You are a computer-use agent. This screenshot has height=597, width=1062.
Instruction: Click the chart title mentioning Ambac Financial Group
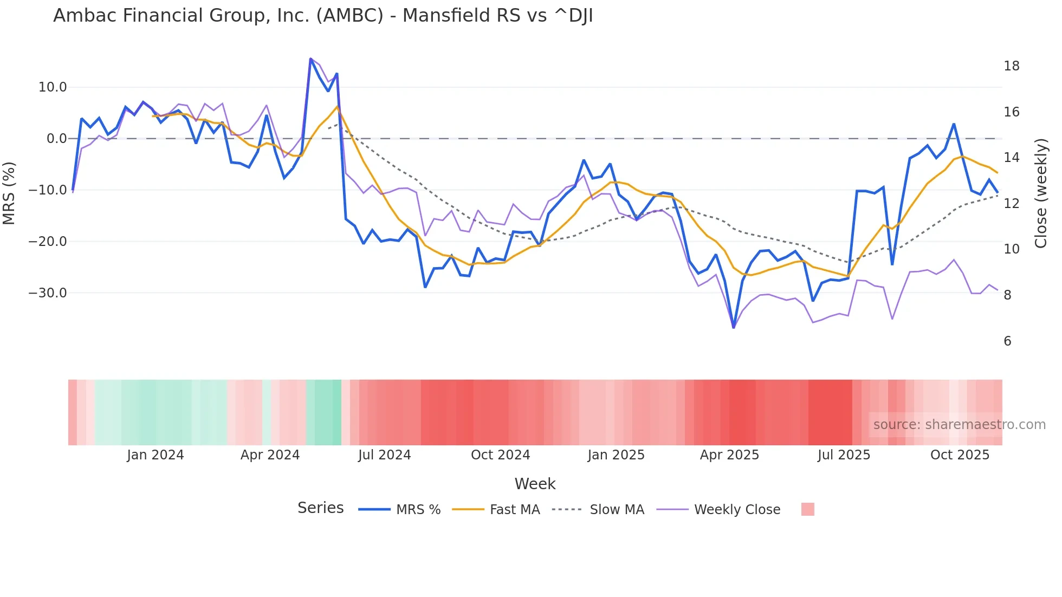coord(323,16)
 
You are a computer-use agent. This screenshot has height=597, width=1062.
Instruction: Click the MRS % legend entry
coord(418,510)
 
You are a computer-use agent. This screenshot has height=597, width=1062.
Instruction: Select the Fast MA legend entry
coord(514,510)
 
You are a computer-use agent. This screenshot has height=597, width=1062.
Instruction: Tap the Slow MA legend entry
coord(617,510)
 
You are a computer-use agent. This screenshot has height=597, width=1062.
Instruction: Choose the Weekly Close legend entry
coord(737,510)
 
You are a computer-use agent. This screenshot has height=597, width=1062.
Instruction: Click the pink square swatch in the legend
coord(807,509)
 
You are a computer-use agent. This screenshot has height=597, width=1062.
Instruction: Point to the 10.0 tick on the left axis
coord(53,87)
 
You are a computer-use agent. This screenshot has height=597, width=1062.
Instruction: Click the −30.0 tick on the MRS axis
coord(48,293)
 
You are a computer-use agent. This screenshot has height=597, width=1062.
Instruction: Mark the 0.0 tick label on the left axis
coord(56,139)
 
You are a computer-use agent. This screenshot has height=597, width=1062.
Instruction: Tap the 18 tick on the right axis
coord(1011,66)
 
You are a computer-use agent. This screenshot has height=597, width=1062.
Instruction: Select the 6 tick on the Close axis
coord(1007,341)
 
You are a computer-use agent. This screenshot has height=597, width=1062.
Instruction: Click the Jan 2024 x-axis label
coord(156,455)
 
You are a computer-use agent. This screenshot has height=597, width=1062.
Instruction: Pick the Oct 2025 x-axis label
coord(960,455)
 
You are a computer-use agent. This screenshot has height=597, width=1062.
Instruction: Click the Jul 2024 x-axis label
coord(384,455)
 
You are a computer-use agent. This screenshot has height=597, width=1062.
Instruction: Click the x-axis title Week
coord(535,484)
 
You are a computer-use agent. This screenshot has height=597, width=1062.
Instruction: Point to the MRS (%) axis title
coord(9,193)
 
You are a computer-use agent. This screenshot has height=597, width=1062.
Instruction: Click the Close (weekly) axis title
coord(1041,193)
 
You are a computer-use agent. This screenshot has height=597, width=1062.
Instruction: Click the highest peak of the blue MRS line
coord(310,59)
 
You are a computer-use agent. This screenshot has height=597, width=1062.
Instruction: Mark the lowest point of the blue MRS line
coord(734,327)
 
